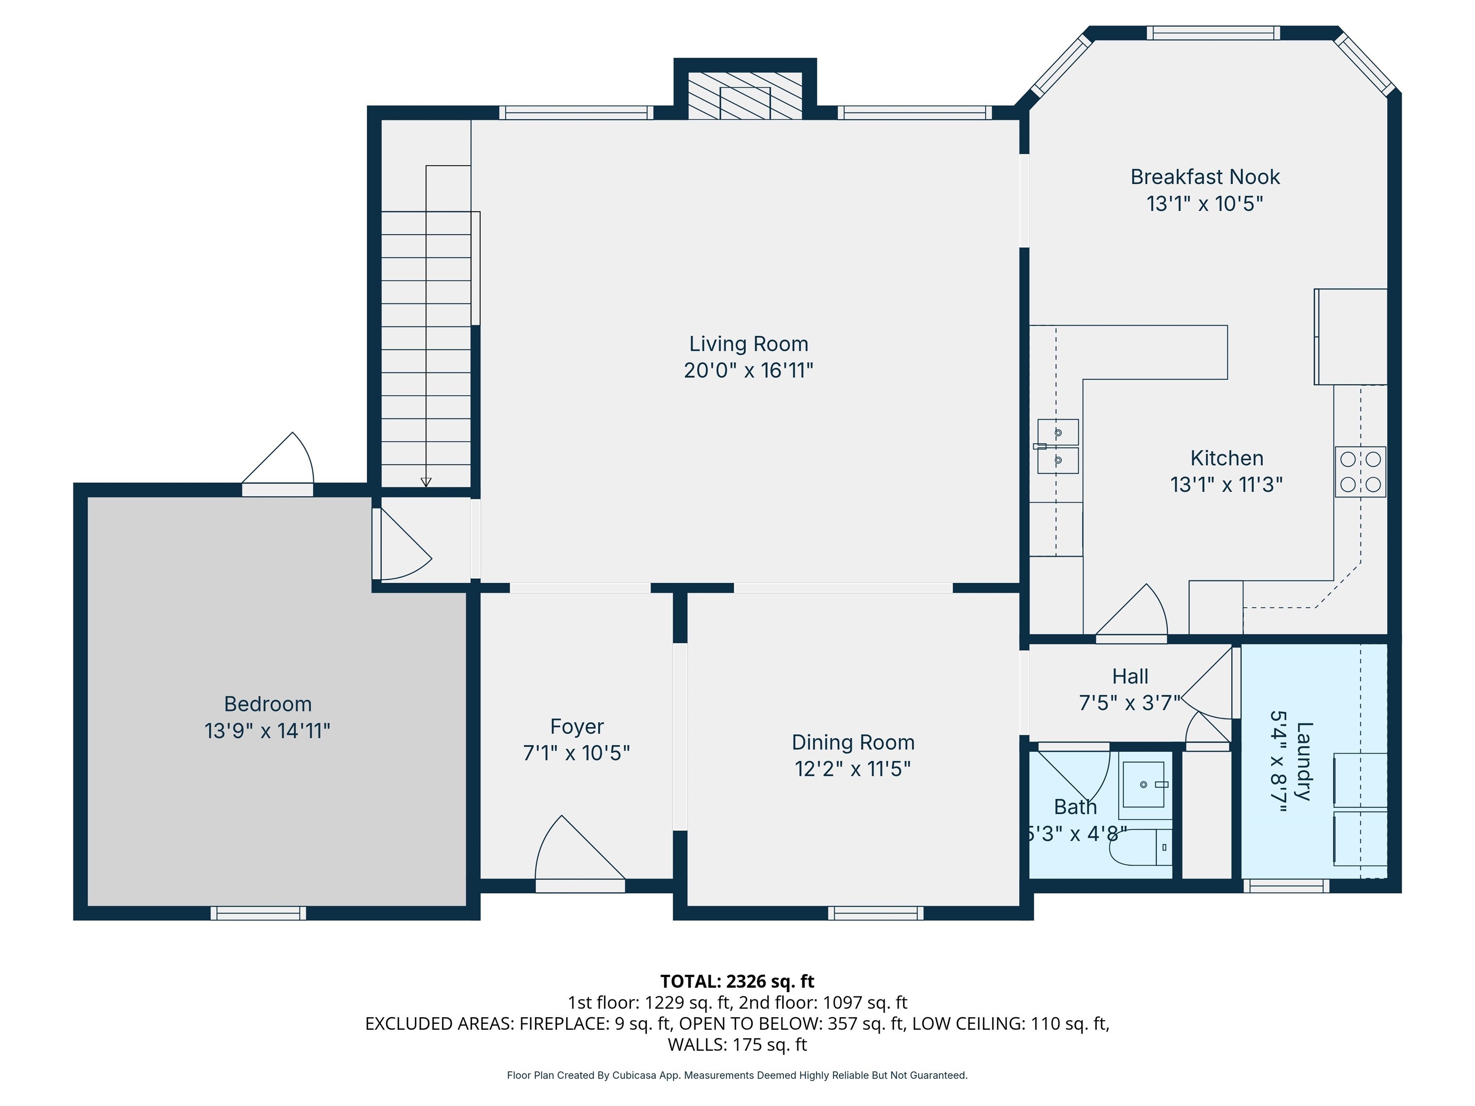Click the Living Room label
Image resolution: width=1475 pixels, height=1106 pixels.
coord(748,344)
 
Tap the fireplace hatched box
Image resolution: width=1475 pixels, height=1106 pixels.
coord(745,96)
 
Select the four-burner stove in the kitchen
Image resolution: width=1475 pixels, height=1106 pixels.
coord(1360,471)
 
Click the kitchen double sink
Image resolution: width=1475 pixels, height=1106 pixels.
coord(1058,446)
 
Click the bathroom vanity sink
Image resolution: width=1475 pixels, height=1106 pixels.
coord(1144,785)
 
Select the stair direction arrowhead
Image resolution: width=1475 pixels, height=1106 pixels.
coord(426,482)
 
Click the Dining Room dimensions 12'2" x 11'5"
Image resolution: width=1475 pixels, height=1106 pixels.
coord(852,769)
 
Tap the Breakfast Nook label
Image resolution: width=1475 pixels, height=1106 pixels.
coord(1204,177)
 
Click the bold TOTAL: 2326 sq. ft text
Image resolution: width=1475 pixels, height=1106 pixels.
coord(737,981)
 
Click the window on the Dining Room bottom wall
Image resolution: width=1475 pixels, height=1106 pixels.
coord(875,914)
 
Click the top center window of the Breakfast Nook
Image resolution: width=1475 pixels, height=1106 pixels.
coord(1213,33)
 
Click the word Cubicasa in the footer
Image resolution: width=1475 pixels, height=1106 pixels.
coord(634,1075)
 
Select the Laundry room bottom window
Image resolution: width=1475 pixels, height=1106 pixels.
coord(1286,886)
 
